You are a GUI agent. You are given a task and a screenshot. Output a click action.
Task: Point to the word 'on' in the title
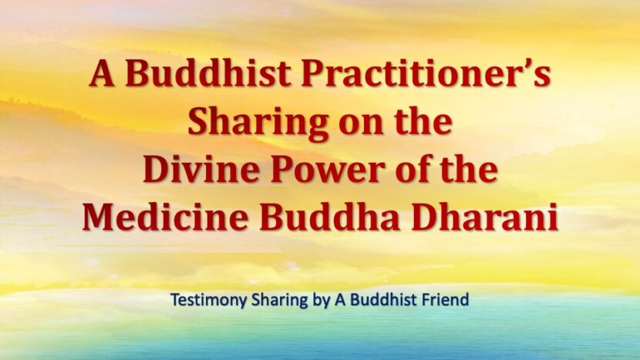360,126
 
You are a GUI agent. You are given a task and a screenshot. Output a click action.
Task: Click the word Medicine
165,217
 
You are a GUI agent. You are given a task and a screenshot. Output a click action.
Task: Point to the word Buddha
330,217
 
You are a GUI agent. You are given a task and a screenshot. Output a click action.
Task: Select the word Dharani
484,217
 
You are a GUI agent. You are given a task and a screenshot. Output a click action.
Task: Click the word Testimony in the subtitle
209,300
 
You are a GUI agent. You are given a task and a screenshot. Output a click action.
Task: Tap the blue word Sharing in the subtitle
280,301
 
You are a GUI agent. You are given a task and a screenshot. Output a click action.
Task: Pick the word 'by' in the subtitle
322,301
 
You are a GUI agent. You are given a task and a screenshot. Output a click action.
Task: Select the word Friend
444,300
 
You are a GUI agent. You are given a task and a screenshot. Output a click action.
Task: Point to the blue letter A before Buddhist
341,300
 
